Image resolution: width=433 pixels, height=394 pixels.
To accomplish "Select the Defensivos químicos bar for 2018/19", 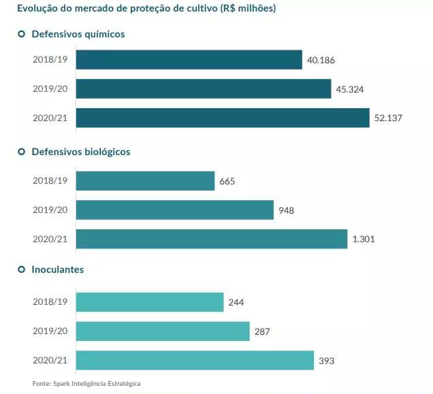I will pyautogui.click(x=189, y=60).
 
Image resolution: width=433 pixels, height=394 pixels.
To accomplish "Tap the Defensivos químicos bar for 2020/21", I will pyautogui.click(x=222, y=118).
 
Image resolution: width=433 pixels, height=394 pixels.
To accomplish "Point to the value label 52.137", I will pyautogui.click(x=388, y=118).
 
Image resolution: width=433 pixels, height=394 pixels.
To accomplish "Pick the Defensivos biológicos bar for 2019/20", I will pyautogui.click(x=174, y=210).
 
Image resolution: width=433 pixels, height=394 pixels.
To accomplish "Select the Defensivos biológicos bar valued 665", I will pyautogui.click(x=145, y=181).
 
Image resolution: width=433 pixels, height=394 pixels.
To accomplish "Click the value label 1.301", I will pyautogui.click(x=364, y=240).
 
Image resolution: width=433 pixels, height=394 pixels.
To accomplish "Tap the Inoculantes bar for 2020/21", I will pyautogui.click(x=195, y=361).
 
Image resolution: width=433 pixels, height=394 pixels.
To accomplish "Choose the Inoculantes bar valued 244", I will pyautogui.click(x=150, y=302).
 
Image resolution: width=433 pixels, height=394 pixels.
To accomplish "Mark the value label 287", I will pyautogui.click(x=263, y=332).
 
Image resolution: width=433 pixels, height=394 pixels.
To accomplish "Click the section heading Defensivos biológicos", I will pyautogui.click(x=80, y=152).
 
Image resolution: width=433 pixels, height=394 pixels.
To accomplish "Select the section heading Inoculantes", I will pyautogui.click(x=58, y=269).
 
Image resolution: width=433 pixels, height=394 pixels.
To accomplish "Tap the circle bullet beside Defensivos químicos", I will pyautogui.click(x=21, y=34).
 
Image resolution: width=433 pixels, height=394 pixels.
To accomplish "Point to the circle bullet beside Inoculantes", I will pyautogui.click(x=21, y=269).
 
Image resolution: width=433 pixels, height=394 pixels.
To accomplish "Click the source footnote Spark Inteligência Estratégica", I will pyautogui.click(x=86, y=384).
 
